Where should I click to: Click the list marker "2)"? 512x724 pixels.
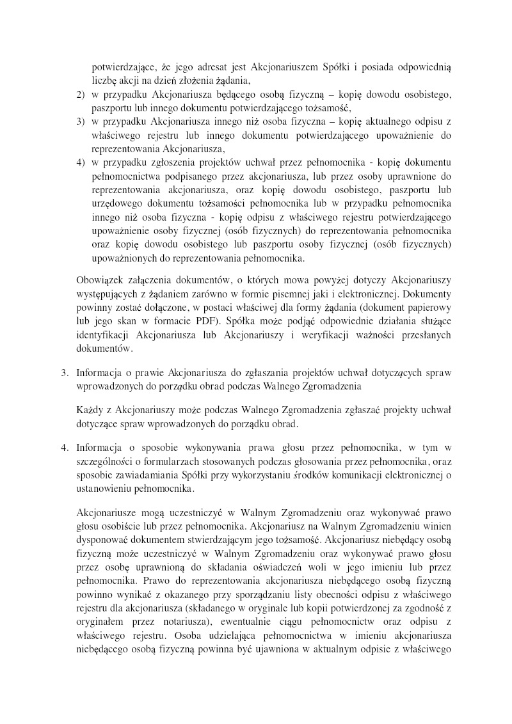[x=81, y=95]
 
